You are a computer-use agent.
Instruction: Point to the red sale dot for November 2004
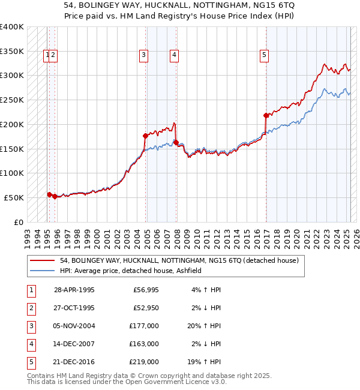coord(145,136)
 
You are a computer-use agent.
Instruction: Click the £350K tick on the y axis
coord(12,51)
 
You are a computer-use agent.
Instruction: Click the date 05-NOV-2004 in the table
coord(74,326)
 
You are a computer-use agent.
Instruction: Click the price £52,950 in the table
coord(145,308)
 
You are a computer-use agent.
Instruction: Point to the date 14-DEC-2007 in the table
coord(74,344)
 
